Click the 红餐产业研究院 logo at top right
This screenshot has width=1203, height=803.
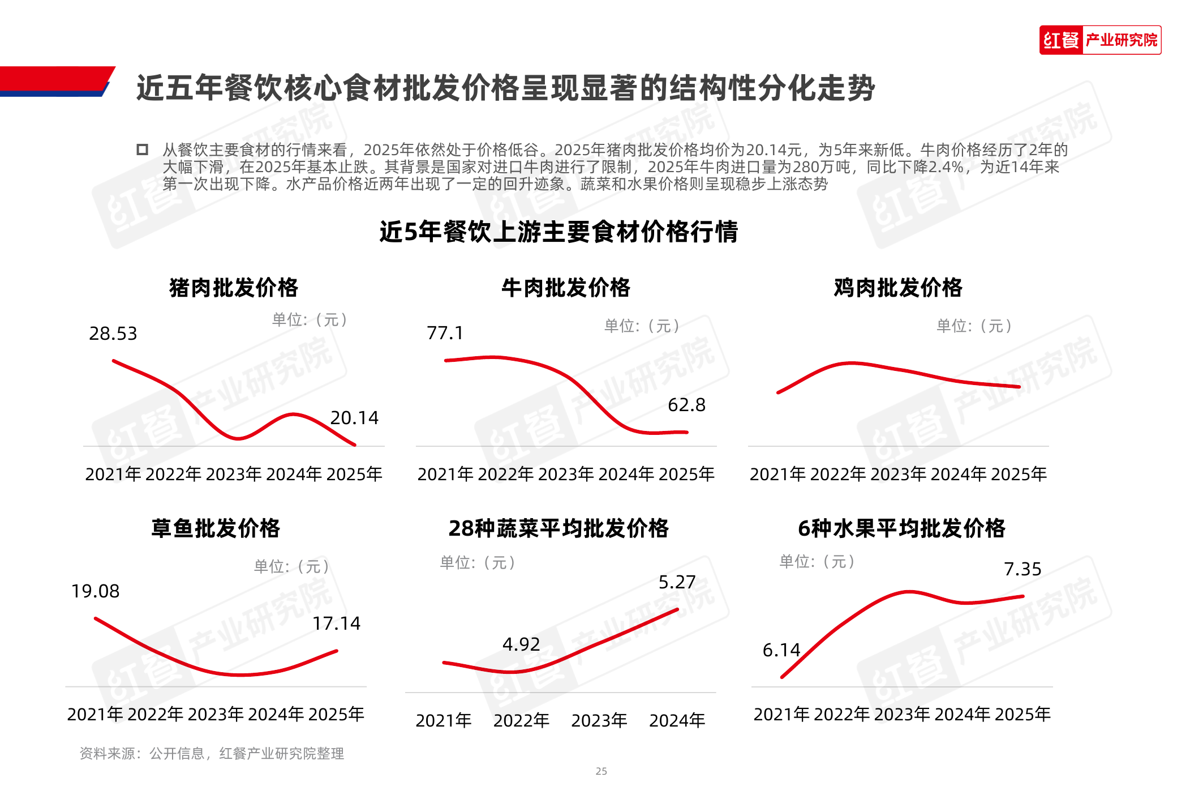coord(1099,40)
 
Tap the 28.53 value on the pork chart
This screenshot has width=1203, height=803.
coord(113,334)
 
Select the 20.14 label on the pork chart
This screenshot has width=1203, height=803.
coord(354,418)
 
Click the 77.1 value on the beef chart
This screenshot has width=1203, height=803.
coord(445,333)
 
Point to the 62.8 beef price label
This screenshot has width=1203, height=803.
coord(686,405)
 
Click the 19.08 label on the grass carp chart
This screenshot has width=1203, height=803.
coord(95,591)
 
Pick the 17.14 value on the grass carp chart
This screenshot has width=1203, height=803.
coord(337,623)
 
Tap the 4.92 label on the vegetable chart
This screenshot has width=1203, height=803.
coord(521,644)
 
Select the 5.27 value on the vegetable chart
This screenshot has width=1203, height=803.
coord(677,582)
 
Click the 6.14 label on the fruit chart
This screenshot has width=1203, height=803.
coord(781,650)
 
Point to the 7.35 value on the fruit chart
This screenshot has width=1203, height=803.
coord(1022,569)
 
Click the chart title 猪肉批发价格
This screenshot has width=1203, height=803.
coord(234,288)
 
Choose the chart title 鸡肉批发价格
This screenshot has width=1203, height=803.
coord(898,288)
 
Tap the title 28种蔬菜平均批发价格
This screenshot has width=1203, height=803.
coord(558,528)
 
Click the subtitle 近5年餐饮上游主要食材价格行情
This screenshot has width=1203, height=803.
coord(558,232)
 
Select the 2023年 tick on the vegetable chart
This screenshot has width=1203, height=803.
coord(599,721)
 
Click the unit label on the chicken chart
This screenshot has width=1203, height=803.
coord(974,326)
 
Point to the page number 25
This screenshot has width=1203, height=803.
coord(601,771)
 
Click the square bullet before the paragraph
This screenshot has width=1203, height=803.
coord(142,150)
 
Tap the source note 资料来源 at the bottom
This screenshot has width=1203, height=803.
coord(212,754)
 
